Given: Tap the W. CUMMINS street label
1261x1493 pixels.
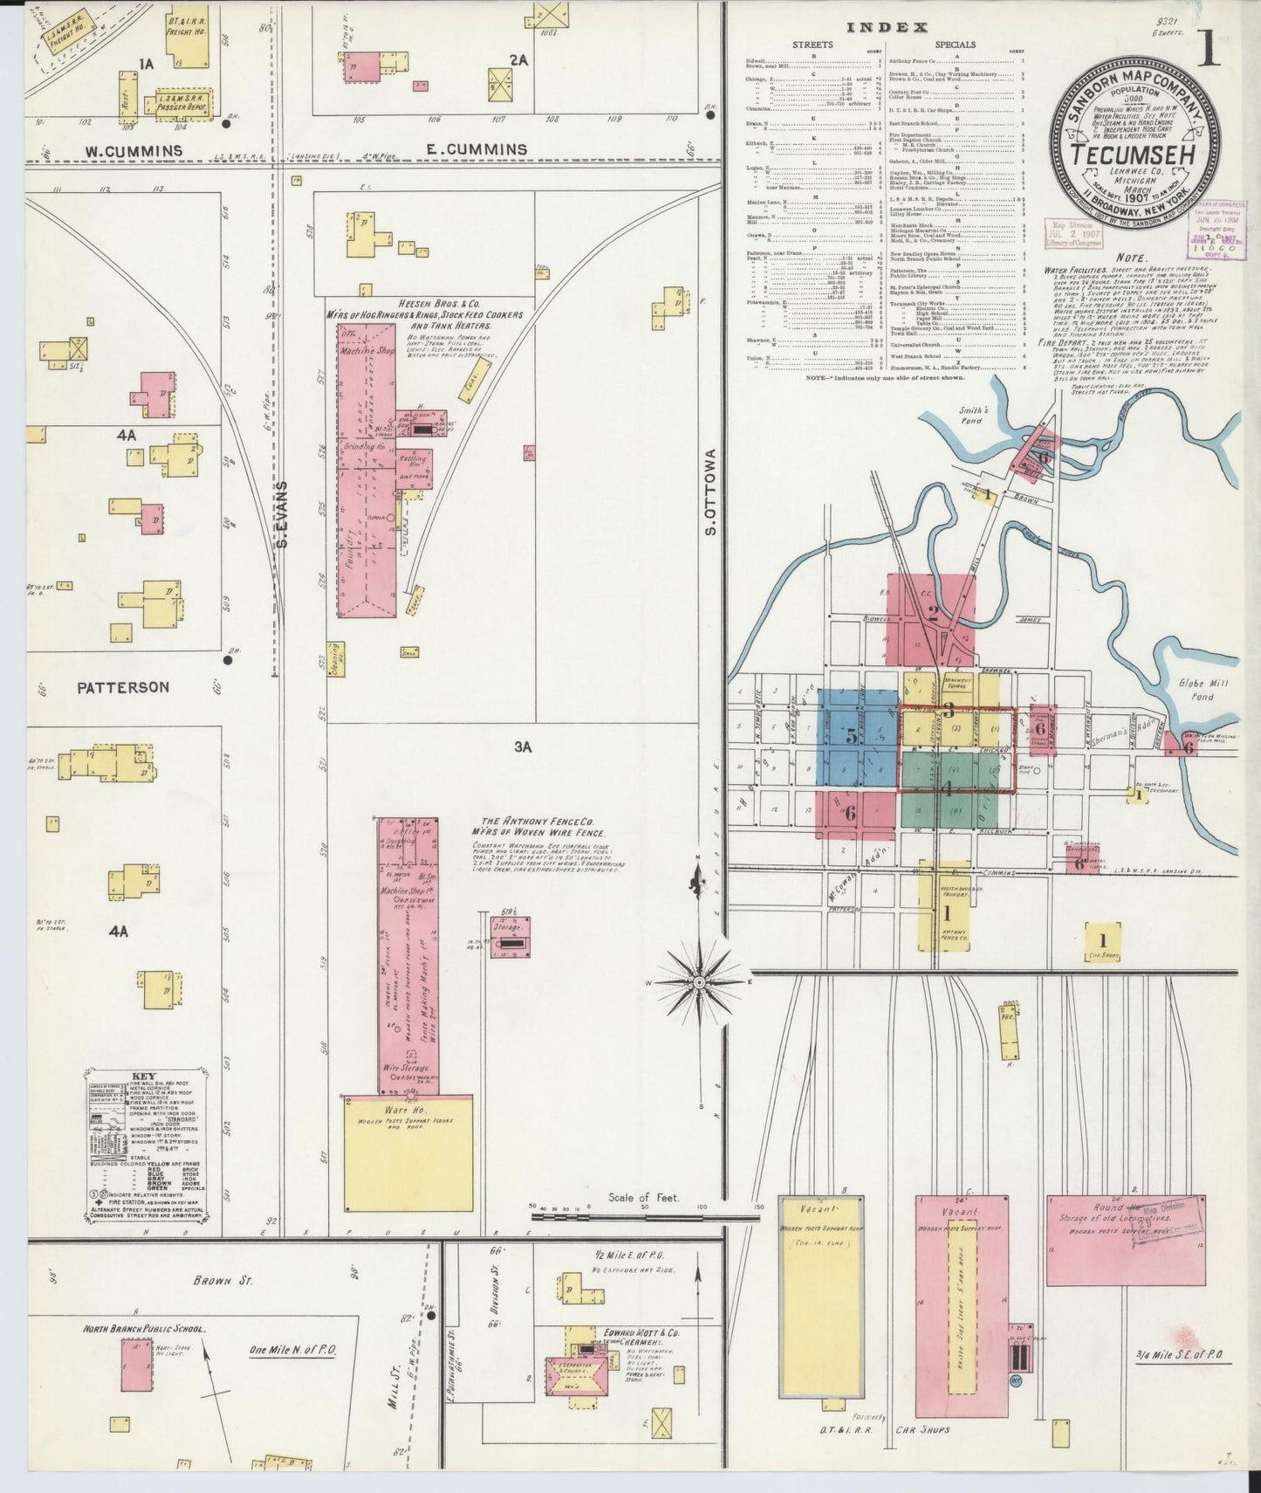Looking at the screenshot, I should (134, 151).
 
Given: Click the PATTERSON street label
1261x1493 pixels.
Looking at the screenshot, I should (123, 687).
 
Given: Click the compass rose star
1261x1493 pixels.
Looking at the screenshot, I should (698, 983).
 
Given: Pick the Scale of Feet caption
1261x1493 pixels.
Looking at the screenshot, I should (643, 1197).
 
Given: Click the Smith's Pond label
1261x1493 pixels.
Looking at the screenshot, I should (971, 415).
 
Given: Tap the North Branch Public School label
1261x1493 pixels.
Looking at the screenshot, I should (143, 1329).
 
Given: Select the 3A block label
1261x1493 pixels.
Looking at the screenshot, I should (522, 746).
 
